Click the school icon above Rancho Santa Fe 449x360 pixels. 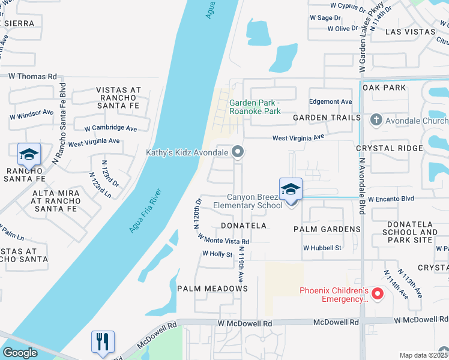(x=28, y=155)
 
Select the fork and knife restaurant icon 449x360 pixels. (x=103, y=343)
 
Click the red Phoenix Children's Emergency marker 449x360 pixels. (x=378, y=293)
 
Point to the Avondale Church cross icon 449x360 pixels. (x=376, y=119)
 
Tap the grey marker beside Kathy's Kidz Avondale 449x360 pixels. (x=238, y=152)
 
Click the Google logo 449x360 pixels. (x=20, y=353)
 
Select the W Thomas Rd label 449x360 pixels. (x=32, y=76)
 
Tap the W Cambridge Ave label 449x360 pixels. (x=110, y=128)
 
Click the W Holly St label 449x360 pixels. (x=217, y=254)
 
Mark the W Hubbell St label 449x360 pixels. (x=322, y=247)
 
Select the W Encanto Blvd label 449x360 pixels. (x=391, y=198)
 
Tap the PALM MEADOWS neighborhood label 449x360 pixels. (x=212, y=289)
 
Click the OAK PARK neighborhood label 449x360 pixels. (x=384, y=88)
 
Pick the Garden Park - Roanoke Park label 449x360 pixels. (x=255, y=107)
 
